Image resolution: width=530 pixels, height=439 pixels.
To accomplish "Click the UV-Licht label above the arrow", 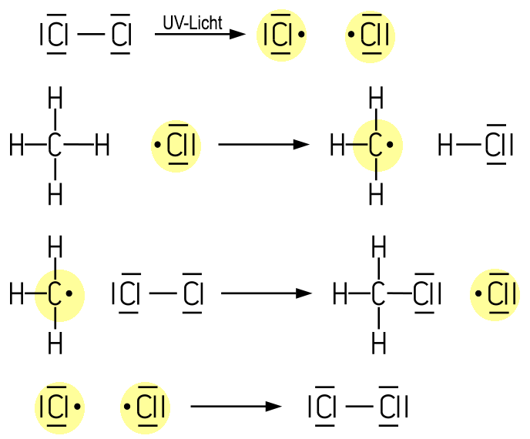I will pos(192,23).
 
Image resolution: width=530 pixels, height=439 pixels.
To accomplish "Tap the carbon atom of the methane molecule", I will pos(55,145).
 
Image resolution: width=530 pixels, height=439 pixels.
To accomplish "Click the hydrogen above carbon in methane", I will pos(55,99).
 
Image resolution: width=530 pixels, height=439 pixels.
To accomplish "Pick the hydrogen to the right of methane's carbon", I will pos(102,145).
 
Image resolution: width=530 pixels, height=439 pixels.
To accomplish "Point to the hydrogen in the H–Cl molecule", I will pos(445,145).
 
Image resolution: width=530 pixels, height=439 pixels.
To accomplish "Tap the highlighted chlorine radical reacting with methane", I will pos(177,145).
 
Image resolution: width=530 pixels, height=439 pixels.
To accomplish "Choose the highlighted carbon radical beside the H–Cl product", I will pos(377,145).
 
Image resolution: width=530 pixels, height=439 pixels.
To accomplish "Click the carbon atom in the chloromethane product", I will pos(377,293).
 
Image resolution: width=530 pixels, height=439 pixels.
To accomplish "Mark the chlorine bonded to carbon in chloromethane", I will pos(426,293).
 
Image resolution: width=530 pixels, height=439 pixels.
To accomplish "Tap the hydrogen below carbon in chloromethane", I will pos(377,342).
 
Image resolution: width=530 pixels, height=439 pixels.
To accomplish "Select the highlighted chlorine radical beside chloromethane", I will pos(495,293).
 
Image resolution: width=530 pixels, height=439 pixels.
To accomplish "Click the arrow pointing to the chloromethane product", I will pos(267,293).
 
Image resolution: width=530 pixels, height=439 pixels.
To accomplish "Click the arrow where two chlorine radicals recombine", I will pos(236,407).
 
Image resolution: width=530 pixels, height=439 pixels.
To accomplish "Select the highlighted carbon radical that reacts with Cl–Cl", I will pos(58,293).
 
